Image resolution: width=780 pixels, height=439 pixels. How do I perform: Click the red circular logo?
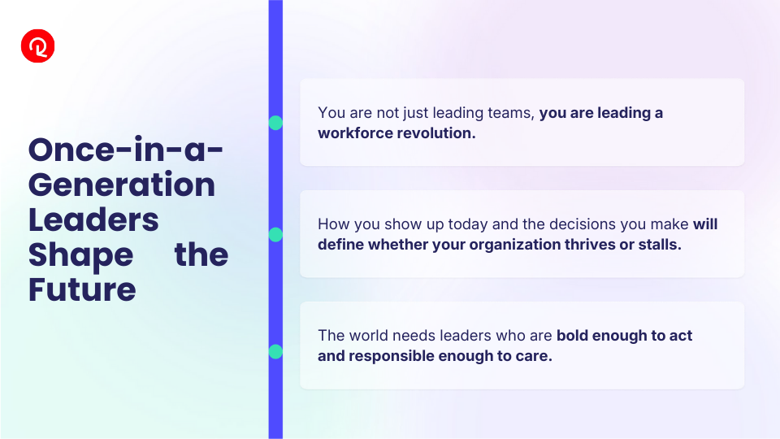pyautogui.click(x=38, y=46)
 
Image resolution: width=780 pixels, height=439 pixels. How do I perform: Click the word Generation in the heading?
pyautogui.click(x=122, y=185)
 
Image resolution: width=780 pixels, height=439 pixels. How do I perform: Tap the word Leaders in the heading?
pyautogui.click(x=93, y=220)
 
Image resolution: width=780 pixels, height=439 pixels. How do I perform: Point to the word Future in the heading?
pyautogui.click(x=82, y=289)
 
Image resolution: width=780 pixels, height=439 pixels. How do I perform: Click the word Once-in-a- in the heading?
pyautogui.click(x=126, y=150)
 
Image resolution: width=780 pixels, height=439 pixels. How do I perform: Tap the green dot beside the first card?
pyautogui.click(x=275, y=123)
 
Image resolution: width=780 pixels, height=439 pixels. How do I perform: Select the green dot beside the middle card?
pyautogui.click(x=275, y=234)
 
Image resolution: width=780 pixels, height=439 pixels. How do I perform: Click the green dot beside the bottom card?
pyautogui.click(x=275, y=351)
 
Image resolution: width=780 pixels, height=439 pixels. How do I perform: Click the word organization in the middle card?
pyautogui.click(x=515, y=245)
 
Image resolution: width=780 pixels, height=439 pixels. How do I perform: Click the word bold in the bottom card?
pyautogui.click(x=572, y=336)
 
